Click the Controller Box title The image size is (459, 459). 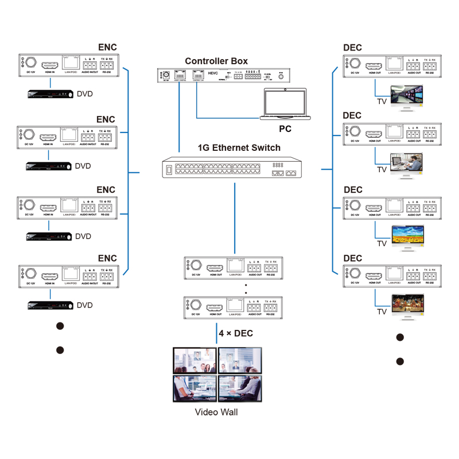point(216,61)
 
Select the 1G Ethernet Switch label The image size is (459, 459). point(239,147)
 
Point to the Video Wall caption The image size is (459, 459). point(216,412)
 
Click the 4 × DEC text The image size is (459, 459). point(236,333)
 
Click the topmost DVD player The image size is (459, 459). point(51,94)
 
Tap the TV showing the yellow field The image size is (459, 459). point(407,236)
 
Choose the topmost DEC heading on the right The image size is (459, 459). point(353,48)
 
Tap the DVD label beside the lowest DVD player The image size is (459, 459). point(84,305)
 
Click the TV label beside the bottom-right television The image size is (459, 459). point(382,312)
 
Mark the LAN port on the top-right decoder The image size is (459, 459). point(394,63)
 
